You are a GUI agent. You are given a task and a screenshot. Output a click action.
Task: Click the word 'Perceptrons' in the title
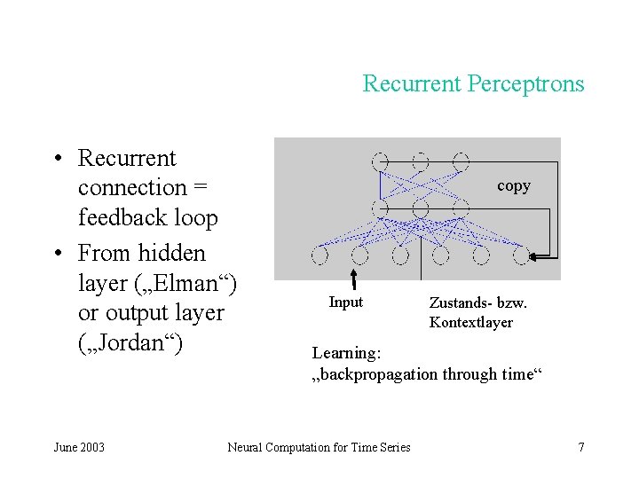pos(531,84)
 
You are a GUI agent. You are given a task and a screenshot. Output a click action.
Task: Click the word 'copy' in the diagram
pos(513,185)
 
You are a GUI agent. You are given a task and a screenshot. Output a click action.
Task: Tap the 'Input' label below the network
pos(345,302)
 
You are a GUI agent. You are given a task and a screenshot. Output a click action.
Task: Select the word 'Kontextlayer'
pos(470,323)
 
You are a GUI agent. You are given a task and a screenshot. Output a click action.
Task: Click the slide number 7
pos(580,447)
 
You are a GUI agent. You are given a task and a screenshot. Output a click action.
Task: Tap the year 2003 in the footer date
pos(91,447)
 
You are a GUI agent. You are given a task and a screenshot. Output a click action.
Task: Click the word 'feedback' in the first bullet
pos(124,217)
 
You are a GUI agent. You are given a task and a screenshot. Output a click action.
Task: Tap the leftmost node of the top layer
pos(380,162)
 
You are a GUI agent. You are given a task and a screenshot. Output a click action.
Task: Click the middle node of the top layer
pos(420,162)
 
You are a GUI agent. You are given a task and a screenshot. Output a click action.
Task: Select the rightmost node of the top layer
pos(460,162)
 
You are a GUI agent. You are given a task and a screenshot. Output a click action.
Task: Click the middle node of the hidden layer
pos(420,209)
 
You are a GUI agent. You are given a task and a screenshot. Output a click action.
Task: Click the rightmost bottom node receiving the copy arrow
pos(521,256)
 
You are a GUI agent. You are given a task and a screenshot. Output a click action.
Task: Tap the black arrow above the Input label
pos(353,278)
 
